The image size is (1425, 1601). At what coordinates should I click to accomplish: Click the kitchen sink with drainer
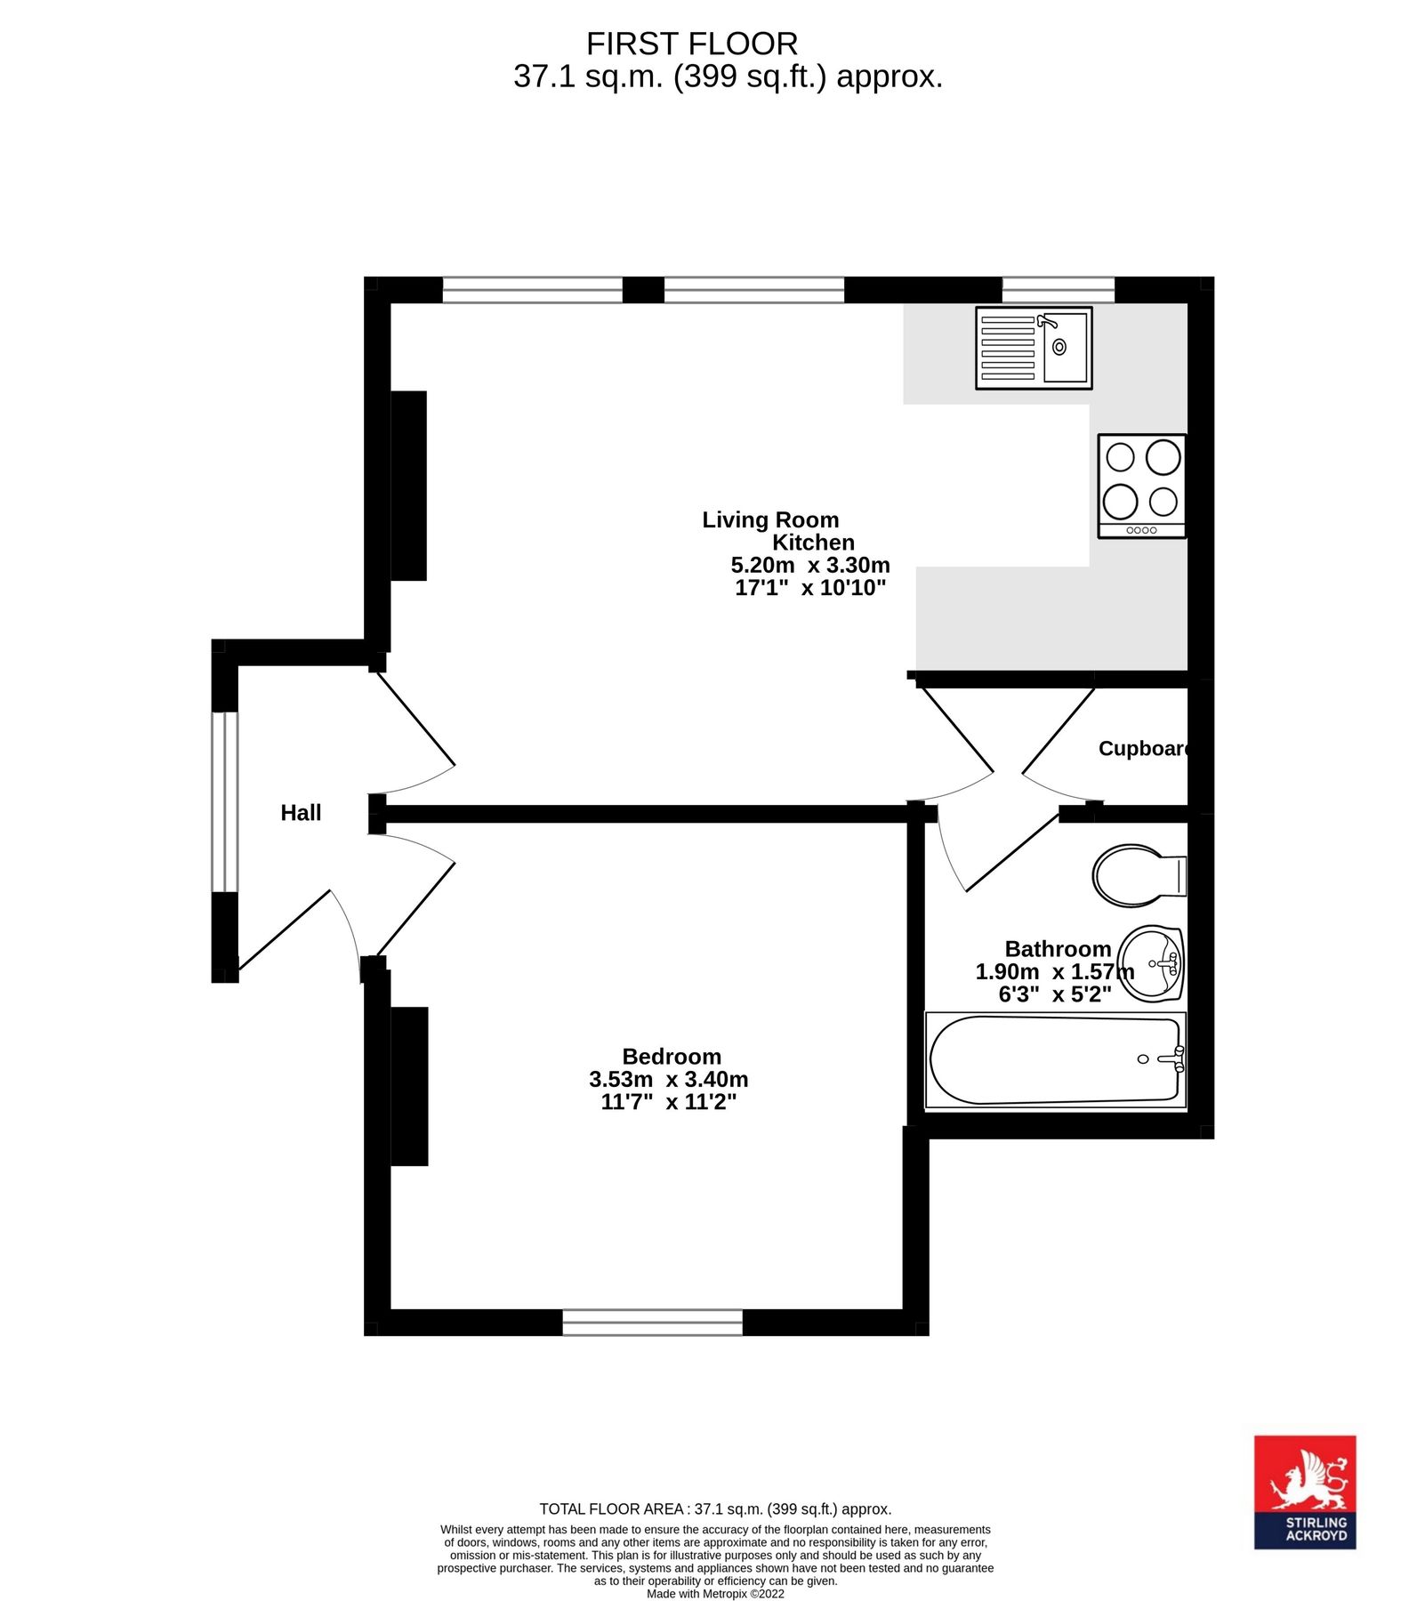tap(1033, 348)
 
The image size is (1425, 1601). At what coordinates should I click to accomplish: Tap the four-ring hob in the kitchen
tap(1141, 486)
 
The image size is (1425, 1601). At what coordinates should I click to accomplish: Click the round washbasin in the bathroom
tap(1151, 963)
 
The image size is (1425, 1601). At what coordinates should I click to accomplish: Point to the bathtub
tap(1055, 1060)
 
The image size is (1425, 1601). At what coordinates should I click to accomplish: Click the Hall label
tap(301, 812)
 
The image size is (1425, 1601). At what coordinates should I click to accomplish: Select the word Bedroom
tap(671, 1056)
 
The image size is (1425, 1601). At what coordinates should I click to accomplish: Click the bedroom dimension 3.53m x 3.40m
tap(668, 1079)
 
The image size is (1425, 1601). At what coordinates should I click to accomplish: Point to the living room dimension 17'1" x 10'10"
tap(809, 587)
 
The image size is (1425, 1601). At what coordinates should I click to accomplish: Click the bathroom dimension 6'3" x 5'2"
tap(1054, 994)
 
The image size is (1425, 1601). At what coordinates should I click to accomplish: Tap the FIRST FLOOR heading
tap(691, 44)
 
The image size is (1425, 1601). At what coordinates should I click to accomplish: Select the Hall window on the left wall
tap(224, 800)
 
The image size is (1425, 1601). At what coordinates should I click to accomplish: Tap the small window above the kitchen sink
tap(1058, 290)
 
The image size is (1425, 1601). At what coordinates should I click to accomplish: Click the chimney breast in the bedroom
tap(409, 1085)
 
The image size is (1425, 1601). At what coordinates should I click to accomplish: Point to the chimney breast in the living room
tap(408, 486)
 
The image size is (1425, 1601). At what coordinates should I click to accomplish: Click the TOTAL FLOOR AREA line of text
tap(714, 1509)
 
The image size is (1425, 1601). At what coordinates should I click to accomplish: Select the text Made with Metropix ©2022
tap(714, 1594)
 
